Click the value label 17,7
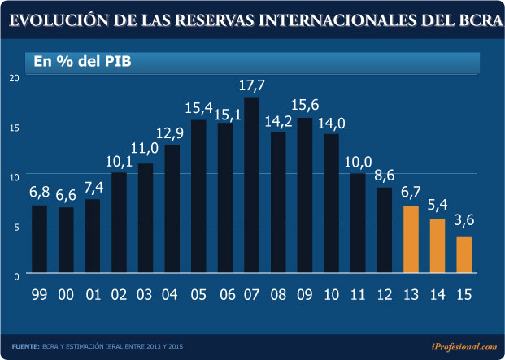[251, 85]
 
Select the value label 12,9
[172, 132]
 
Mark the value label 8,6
[384, 176]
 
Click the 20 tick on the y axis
[14, 78]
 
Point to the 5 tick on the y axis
[15, 227]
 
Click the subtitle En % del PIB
[82, 61]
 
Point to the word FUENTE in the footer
[26, 347]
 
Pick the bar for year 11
[358, 223]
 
